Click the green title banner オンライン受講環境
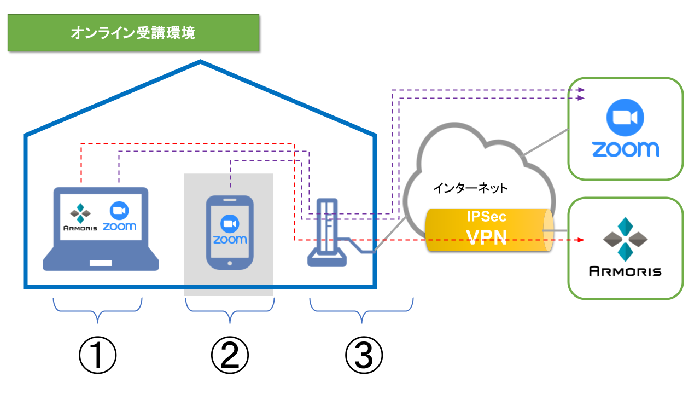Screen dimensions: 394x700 click(133, 33)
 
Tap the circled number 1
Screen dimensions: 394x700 click(98, 356)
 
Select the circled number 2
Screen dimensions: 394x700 click(230, 356)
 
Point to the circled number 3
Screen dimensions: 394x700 click(364, 356)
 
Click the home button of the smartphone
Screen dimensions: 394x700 click(229, 263)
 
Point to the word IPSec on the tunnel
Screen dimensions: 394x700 click(486, 217)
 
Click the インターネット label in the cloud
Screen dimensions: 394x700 click(470, 189)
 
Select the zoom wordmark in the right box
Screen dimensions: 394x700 click(625, 149)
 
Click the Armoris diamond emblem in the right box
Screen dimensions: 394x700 click(625, 239)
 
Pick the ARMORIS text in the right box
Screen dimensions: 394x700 click(625, 271)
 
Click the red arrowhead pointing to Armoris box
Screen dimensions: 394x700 click(582, 240)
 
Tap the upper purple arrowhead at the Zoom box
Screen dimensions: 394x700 click(582, 90)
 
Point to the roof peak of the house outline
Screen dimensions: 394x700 click(201, 62)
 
